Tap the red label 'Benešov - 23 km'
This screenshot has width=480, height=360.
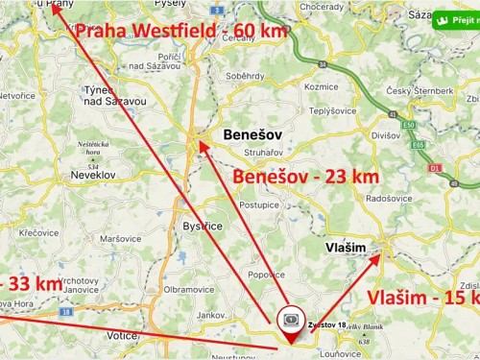coord(306,177)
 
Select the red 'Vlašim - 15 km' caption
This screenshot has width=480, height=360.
coord(423,299)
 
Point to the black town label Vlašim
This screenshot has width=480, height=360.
coord(346,248)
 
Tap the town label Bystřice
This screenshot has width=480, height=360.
coord(203,227)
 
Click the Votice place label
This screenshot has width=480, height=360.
coord(123,336)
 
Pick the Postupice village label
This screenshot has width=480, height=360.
coord(259,204)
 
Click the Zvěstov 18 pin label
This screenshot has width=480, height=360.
coord(326,325)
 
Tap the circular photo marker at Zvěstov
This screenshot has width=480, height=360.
coord(289,319)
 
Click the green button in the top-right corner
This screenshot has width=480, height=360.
coord(455,18)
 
